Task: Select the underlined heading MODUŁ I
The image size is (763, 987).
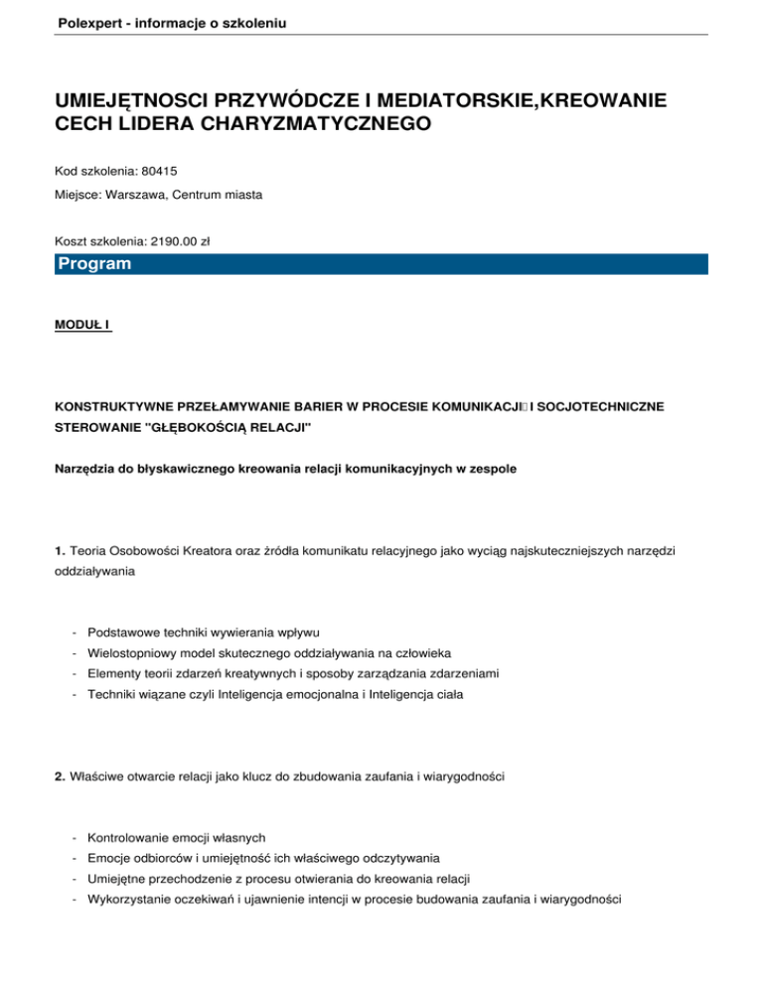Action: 83,323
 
